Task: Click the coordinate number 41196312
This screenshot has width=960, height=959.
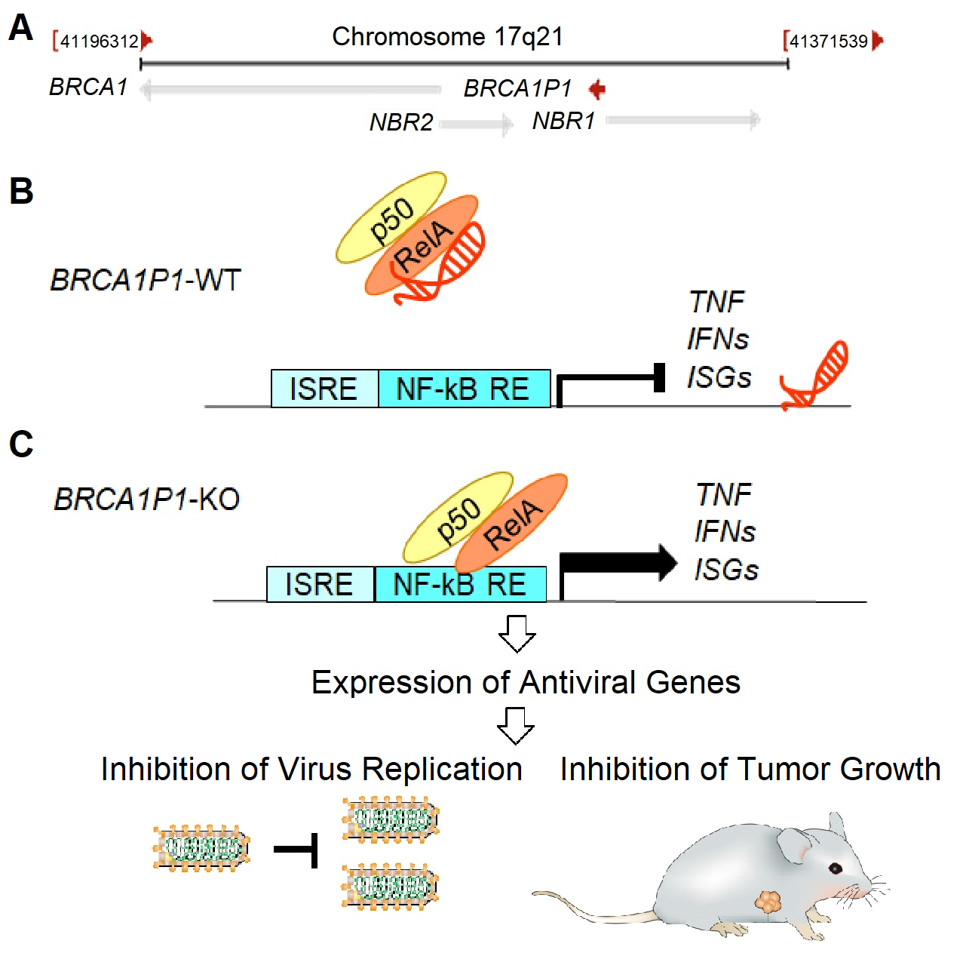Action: [x=99, y=41]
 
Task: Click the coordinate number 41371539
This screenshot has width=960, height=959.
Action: [x=828, y=41]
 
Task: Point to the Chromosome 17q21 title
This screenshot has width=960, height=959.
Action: [x=447, y=36]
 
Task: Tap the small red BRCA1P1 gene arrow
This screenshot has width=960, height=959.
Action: [x=597, y=89]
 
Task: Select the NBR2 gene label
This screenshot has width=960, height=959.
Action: [x=400, y=122]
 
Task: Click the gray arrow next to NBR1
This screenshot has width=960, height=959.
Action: [x=682, y=119]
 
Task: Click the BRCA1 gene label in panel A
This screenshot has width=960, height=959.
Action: [x=88, y=88]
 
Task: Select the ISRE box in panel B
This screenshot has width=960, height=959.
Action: [x=324, y=389]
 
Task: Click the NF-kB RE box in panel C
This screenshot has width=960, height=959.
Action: [x=460, y=585]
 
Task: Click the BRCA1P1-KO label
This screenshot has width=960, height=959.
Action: [x=147, y=499]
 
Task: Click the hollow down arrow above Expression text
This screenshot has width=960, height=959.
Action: [x=517, y=632]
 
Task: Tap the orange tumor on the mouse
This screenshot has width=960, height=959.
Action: [x=768, y=901]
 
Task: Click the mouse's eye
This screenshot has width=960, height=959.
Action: [x=836, y=868]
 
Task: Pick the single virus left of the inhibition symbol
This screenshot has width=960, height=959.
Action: [x=201, y=849]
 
